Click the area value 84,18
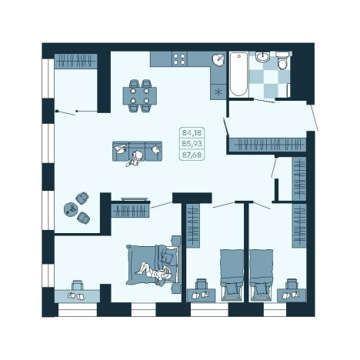coord(192,133)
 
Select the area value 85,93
coord(192,144)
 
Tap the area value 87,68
coord(192,155)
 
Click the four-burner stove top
coord(179,59)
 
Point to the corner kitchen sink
coord(218,60)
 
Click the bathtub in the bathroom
coord(238,74)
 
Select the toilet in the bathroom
coord(282,61)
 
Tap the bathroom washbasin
coord(262,56)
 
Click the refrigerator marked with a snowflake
coord(218,92)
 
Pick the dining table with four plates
coord(140,95)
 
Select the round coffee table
coord(71,209)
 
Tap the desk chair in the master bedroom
coord(78,285)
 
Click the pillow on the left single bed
coord(232,289)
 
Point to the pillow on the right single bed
coord(261,289)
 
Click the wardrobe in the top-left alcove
coord(75,62)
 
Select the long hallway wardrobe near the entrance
coord(268,145)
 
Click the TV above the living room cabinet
coord(134,199)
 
